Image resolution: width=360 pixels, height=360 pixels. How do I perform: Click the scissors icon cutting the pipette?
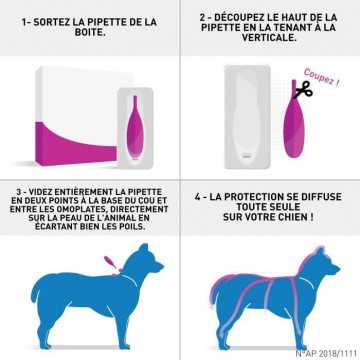click(x=303, y=90)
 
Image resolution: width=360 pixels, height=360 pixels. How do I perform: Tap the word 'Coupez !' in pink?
click(x=321, y=77)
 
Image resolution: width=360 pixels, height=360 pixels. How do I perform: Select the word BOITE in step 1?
click(x=89, y=34)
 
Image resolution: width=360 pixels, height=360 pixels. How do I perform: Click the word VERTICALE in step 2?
click(x=269, y=38)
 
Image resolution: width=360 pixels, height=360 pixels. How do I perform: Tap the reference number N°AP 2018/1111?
click(x=326, y=353)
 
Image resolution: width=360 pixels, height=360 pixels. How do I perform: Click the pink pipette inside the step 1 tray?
click(x=135, y=127)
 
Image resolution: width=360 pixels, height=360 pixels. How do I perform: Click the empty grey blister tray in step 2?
click(x=247, y=117)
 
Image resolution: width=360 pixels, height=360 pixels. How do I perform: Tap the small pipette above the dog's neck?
click(x=110, y=262)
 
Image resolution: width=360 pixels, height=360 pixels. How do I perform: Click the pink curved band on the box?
click(x=76, y=143)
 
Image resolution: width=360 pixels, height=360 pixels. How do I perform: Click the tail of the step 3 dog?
click(x=36, y=290)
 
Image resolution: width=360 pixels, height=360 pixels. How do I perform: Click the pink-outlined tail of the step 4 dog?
click(x=215, y=290)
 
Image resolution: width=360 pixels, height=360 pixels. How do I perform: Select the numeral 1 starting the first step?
click(x=24, y=23)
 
